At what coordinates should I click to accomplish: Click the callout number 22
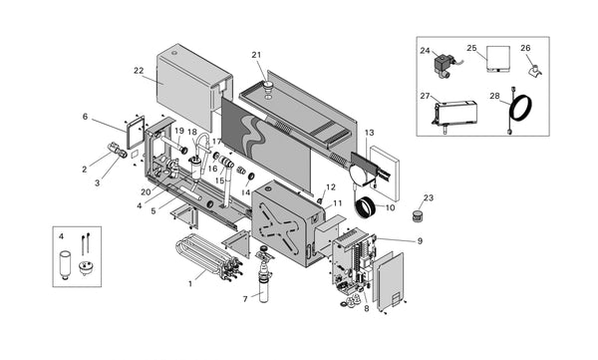(139, 71)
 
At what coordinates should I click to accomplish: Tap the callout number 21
(256, 55)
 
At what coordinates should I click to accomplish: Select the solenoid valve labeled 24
(444, 67)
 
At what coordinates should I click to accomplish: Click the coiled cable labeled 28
(520, 110)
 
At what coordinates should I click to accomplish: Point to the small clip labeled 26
(534, 71)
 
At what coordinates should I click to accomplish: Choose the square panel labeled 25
(498, 59)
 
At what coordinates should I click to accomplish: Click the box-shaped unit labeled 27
(454, 114)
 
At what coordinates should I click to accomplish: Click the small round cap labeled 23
(418, 215)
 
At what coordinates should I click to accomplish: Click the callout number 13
(369, 133)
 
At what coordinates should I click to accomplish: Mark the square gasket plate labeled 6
(136, 133)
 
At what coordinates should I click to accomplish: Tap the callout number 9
(420, 241)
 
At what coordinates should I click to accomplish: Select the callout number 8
(367, 308)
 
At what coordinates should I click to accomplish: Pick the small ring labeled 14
(251, 176)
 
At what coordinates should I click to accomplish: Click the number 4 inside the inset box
(61, 236)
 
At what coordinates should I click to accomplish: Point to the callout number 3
(98, 182)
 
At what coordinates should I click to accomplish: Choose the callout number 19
(179, 131)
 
